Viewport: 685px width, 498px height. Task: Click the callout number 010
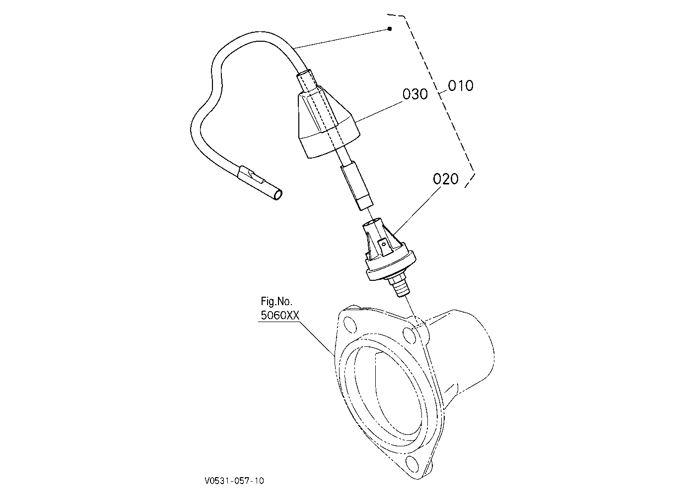[461, 85]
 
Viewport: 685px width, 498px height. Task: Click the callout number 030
[415, 94]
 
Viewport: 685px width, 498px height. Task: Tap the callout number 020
[446, 178]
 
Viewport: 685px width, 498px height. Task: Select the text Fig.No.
[276, 302]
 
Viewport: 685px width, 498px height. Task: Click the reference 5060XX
[280, 315]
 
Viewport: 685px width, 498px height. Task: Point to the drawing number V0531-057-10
[234, 481]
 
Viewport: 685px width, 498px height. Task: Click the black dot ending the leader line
[390, 29]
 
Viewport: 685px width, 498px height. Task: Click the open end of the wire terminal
[278, 195]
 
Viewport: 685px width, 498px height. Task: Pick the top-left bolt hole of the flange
[350, 326]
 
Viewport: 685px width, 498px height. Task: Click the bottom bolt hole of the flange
[412, 465]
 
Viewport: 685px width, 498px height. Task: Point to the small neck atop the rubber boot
[308, 81]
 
